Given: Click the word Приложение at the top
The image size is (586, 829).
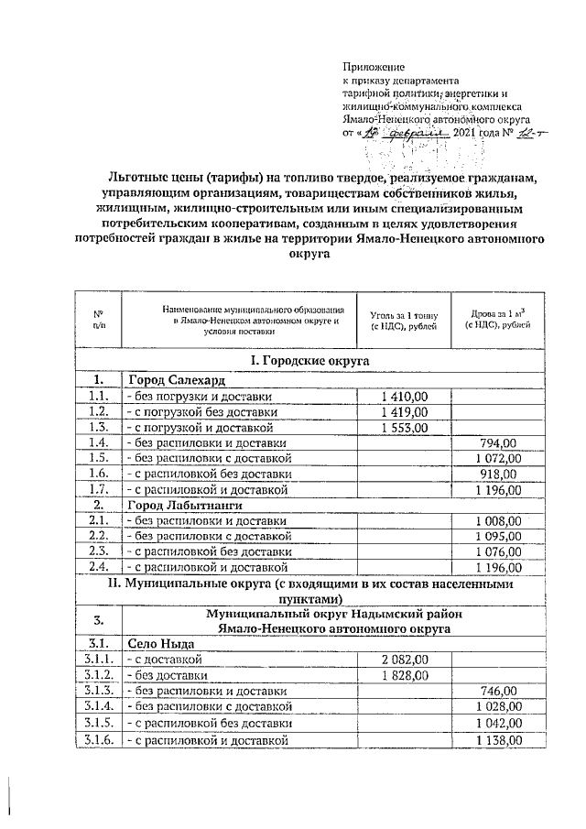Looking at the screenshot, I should (373, 68).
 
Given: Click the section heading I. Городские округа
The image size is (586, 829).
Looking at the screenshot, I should (316, 361).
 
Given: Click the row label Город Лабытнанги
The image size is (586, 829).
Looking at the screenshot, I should (184, 505).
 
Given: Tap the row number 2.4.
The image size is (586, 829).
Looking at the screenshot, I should (98, 566).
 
